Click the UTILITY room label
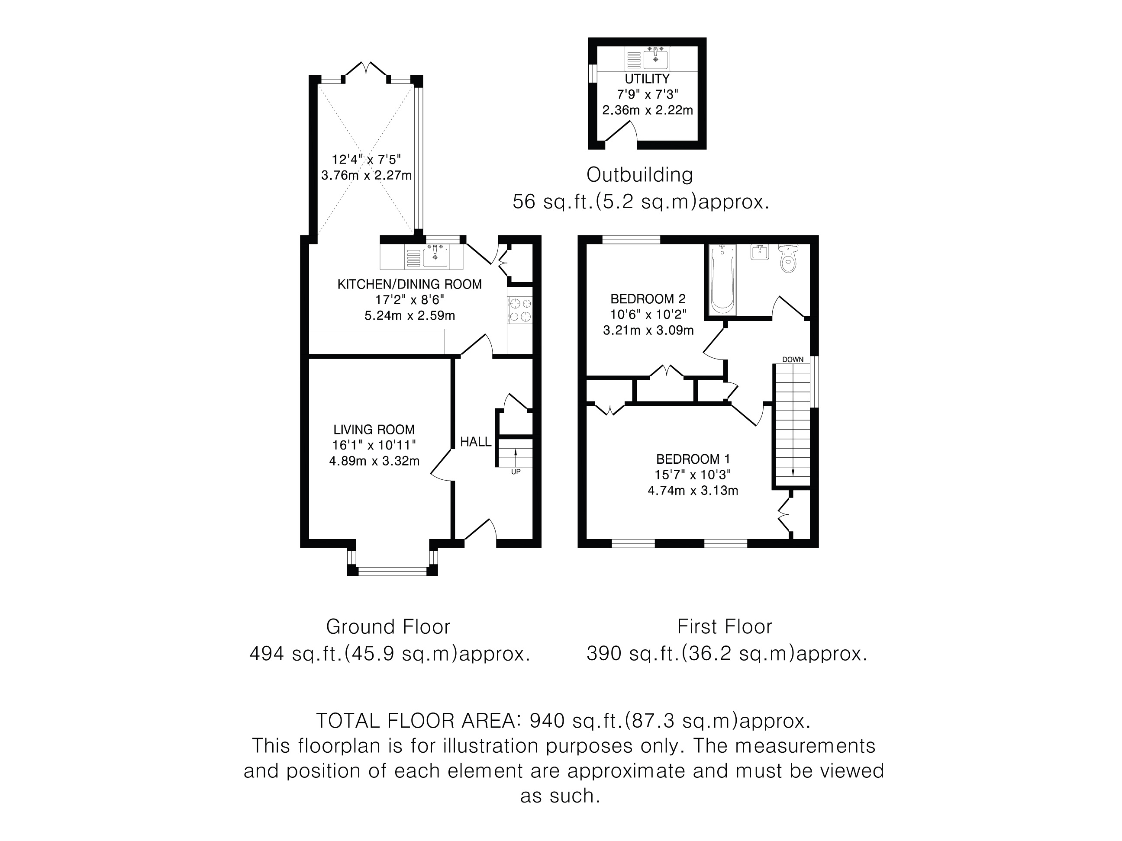[647, 79]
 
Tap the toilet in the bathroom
[788, 259]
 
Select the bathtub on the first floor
[722, 280]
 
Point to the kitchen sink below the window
[434, 257]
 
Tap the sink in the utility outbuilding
[656, 58]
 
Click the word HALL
[475, 442]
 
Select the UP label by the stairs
[516, 472]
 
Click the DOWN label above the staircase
[793, 360]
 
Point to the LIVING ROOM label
[374, 430]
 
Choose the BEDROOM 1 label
[693, 459]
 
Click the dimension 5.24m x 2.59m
[409, 316]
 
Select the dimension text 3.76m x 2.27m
[366, 175]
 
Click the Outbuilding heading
[640, 175]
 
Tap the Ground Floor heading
[388, 627]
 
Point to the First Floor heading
[724, 627]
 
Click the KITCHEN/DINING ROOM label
[409, 284]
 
